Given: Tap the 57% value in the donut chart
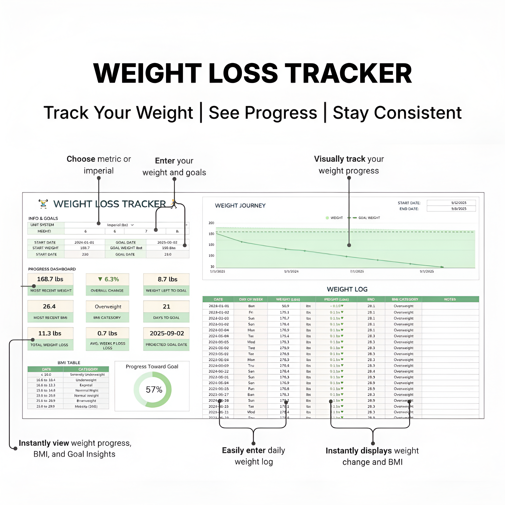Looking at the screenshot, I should tap(154, 390).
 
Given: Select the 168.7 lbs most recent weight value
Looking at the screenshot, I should tap(50, 279).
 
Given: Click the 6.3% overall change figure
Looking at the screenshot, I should tap(108, 279).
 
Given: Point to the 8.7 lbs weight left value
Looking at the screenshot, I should tap(167, 279).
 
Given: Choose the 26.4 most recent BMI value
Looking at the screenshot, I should tap(49, 306).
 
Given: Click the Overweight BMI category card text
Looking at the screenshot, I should tap(108, 307).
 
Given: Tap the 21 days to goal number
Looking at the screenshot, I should tap(166, 307).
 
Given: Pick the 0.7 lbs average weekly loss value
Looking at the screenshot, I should tap(107, 333).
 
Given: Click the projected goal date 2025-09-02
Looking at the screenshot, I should tap(167, 333).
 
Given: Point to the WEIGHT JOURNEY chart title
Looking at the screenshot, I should tap(240, 206).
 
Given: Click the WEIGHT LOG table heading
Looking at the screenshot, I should tap(347, 289).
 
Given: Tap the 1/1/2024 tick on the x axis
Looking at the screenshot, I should tap(291, 271).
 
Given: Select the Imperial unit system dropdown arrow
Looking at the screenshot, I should tap(132, 225).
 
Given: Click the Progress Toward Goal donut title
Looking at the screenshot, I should tap(152, 366).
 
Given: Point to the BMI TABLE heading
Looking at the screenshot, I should tap(69, 363).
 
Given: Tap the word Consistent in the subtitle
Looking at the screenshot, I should tap(417, 113).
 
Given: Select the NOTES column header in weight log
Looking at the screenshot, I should tap(450, 299).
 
